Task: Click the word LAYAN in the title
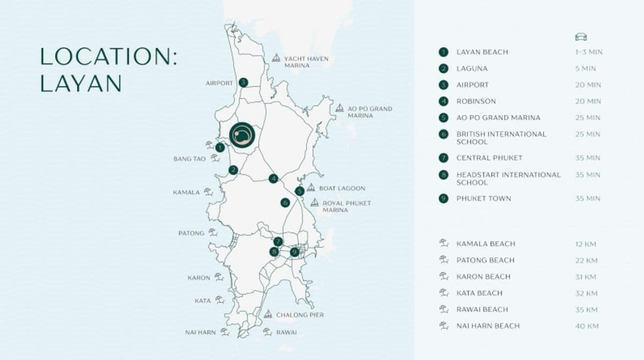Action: pos(81,83)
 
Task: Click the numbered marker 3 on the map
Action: pos(243,83)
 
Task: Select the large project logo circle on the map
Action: pos(243,134)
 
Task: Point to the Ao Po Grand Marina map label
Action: pos(370,112)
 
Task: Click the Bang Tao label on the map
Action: pos(189,159)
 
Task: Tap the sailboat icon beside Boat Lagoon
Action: pos(311,188)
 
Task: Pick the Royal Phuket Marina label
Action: pos(347,207)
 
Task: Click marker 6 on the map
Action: pos(285,203)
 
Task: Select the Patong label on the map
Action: pos(191,233)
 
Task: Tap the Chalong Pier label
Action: pos(299,315)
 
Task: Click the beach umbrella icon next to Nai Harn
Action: pos(225,332)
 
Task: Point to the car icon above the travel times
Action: pos(581,36)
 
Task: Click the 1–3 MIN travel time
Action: pos(589,52)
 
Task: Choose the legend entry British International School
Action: pos(501,138)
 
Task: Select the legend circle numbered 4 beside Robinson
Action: pos(443,101)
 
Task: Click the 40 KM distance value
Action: pos(586,326)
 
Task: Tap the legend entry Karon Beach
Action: pos(483,277)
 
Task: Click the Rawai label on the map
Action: pos(286,333)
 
